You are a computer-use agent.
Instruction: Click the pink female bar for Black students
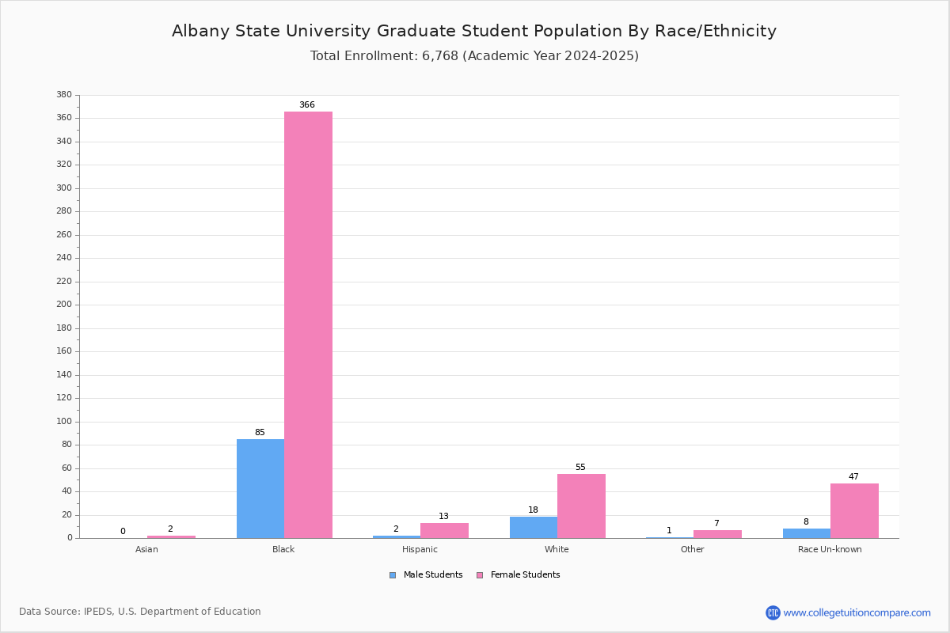coord(308,324)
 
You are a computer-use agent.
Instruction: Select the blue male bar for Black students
coord(260,488)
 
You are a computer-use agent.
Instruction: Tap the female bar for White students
coord(581,506)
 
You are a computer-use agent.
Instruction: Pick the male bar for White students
coord(534,527)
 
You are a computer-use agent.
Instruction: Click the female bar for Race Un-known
coord(854,510)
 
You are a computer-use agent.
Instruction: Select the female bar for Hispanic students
coord(444,530)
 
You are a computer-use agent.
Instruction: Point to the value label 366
coord(307,105)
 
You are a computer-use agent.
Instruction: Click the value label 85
coord(260,433)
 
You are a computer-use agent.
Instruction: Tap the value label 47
coord(853,477)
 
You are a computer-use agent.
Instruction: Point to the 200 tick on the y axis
coord(64,305)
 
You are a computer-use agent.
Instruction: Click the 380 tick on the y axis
coord(64,95)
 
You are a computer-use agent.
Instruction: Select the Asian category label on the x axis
coord(146,549)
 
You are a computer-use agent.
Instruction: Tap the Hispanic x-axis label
coord(420,549)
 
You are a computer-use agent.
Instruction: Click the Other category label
coord(692,549)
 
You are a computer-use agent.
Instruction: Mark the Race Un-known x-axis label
coord(830,549)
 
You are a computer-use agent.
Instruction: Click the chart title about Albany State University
coord(474,32)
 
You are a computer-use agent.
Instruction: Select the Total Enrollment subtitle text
coord(474,56)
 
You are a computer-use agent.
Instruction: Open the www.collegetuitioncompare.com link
coord(857,612)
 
